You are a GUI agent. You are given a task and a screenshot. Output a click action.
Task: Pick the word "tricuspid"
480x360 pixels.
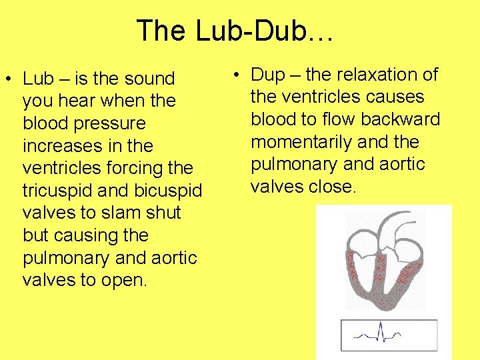[59, 191]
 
